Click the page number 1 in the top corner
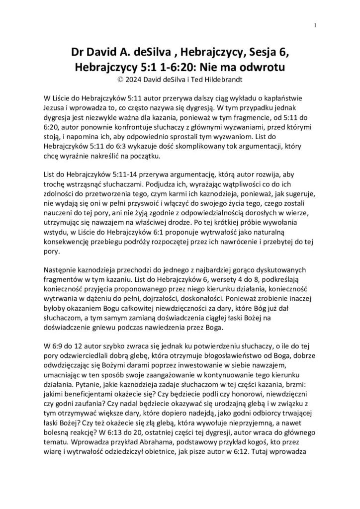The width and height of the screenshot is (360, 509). click(x=316, y=25)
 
